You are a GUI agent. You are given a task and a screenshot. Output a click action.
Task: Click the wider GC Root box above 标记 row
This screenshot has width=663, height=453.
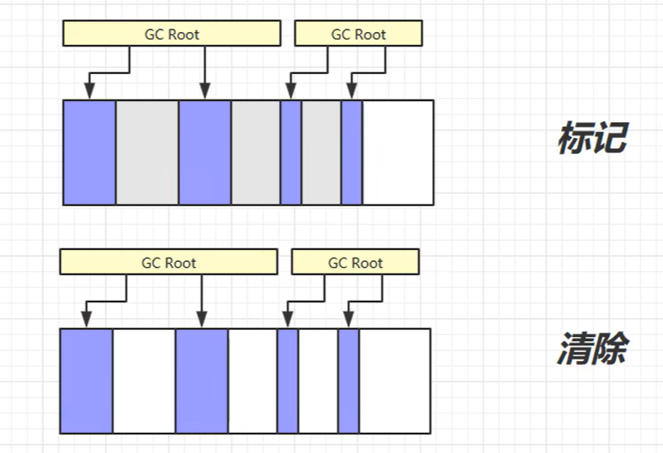[x=171, y=35]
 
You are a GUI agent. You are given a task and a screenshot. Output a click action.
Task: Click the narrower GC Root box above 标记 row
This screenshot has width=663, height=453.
[x=358, y=34]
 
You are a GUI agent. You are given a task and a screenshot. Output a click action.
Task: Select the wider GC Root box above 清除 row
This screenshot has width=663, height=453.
[x=168, y=263]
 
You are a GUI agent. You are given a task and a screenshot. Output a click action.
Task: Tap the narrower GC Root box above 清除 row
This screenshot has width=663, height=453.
[x=355, y=263]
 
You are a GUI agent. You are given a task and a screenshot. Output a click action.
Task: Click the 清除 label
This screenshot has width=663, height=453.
[x=591, y=349]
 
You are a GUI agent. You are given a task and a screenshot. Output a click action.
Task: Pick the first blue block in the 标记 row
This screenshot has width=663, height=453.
[x=89, y=152]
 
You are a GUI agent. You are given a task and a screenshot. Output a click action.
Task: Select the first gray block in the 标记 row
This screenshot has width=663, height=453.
[x=147, y=152]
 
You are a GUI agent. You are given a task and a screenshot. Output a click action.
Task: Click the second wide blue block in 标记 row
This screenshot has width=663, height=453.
[x=205, y=152]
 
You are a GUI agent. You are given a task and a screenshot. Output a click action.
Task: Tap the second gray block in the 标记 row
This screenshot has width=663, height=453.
[x=256, y=152]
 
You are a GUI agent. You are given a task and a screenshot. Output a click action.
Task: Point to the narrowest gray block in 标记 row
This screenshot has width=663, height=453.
[x=321, y=152]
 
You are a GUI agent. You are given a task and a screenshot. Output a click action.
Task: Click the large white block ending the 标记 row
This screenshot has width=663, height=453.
[x=398, y=152]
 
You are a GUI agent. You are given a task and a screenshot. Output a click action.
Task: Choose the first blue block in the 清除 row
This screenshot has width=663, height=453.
[x=86, y=381]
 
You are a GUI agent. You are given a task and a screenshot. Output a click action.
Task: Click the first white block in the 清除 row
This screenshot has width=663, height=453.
[x=143, y=381]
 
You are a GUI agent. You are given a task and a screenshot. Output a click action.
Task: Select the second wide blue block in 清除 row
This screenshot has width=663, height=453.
[x=201, y=381]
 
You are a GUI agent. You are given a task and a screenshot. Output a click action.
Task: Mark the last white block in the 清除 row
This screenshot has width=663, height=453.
[x=394, y=381]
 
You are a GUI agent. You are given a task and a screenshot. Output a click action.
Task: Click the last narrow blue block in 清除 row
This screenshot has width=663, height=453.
[x=349, y=381]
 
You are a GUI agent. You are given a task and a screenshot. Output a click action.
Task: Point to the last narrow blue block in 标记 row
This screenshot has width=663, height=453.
[x=352, y=152]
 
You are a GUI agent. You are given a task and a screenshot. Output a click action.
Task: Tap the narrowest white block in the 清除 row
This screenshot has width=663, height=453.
[x=318, y=381]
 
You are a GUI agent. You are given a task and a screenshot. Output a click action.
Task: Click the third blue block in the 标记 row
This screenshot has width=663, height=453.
[x=291, y=152]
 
